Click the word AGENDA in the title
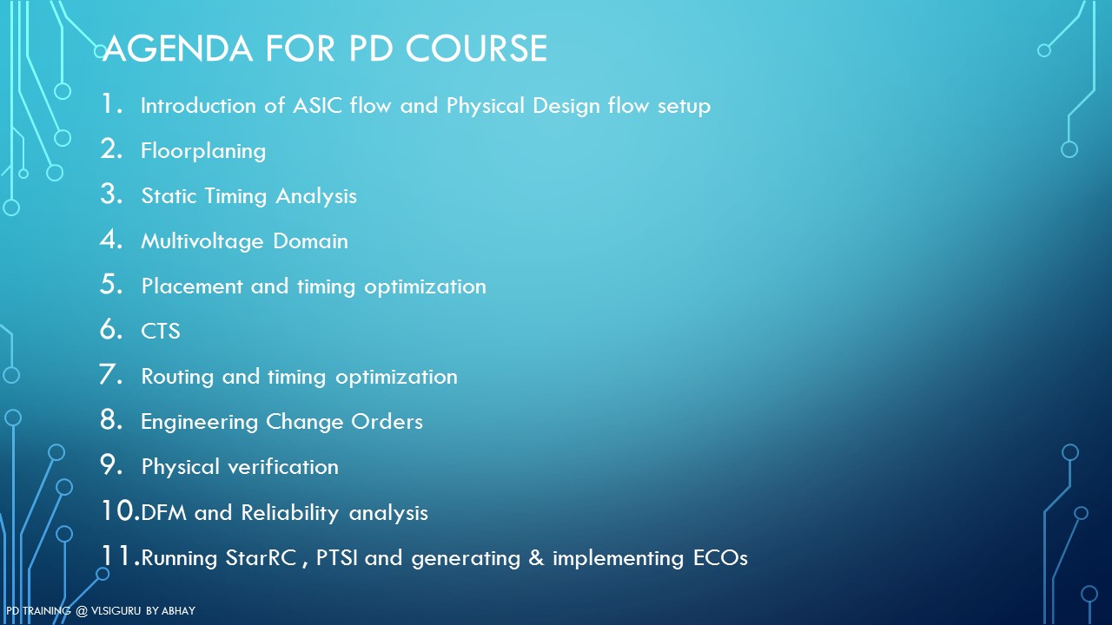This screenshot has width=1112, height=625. pos(178,49)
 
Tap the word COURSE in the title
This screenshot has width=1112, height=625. pos(477,49)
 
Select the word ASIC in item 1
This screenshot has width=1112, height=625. pos(317,106)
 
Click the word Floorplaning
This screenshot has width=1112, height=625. pos(203,151)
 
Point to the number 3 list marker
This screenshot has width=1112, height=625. pos(110,194)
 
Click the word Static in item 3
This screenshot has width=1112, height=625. pos(169,196)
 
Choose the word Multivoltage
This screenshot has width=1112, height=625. pos(202,241)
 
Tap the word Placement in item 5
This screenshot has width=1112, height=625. pos(192,286)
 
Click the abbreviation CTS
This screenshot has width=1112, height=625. pos(161,332)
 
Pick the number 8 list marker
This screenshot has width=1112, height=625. pos(110,419)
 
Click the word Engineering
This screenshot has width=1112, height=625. pos(199,422)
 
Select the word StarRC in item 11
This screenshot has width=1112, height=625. pos(261,558)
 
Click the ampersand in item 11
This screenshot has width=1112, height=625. pos(536,558)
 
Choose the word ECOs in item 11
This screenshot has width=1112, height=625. pos(720,558)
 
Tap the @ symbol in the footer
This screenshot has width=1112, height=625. pos(82,611)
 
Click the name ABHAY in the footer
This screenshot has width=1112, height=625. pos(179,611)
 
